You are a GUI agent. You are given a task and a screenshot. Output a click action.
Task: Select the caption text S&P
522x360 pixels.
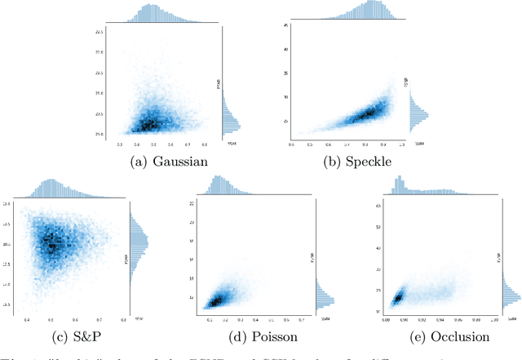pyautogui.click(x=81, y=336)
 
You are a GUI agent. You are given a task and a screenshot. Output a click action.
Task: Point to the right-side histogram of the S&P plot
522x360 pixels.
pyautogui.click(x=139, y=243)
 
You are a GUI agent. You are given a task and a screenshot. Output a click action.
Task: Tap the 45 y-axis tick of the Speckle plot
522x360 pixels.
pyautogui.click(x=286, y=25)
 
